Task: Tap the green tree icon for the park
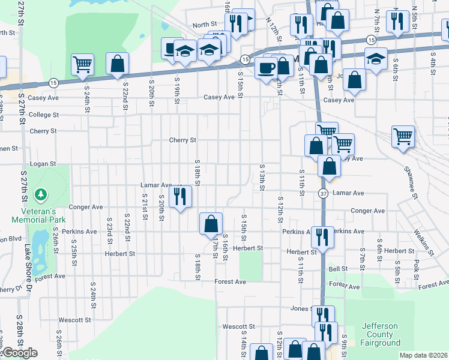point(40,194)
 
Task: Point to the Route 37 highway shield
point(324,193)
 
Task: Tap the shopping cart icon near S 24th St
point(82,64)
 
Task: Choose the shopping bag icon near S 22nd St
point(117,64)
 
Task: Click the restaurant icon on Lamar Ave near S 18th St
point(179,196)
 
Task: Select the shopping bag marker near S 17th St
point(211,224)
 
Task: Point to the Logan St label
point(43,163)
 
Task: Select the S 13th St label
point(262,178)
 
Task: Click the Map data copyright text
point(424,355)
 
